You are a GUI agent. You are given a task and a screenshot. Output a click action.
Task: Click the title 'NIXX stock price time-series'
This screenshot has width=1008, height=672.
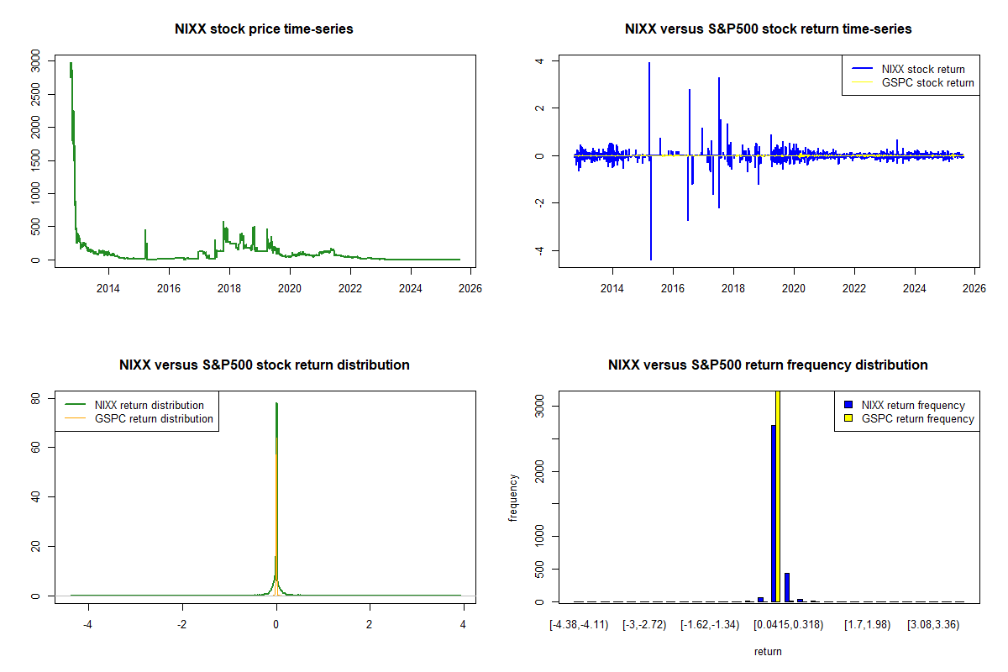click(x=264, y=29)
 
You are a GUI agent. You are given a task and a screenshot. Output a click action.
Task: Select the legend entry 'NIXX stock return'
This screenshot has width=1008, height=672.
click(x=923, y=69)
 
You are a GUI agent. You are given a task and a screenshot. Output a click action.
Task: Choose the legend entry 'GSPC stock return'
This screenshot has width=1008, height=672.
click(x=927, y=83)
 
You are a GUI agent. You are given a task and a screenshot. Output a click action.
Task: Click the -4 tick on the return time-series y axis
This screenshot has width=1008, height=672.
click(x=541, y=250)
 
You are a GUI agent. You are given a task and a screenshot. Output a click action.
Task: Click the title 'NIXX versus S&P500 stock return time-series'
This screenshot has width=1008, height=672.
click(x=768, y=29)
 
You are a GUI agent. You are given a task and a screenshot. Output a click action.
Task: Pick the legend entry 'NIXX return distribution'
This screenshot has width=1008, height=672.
click(x=150, y=405)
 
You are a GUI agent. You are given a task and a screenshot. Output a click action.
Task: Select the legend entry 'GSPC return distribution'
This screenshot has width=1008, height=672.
click(x=154, y=418)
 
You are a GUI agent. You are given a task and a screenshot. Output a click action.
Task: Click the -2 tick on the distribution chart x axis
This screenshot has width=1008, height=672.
click(x=181, y=625)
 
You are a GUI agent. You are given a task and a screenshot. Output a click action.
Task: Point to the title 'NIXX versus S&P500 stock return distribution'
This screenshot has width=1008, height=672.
click(x=264, y=365)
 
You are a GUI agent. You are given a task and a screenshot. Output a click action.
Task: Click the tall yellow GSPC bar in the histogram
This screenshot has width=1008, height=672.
click(x=778, y=496)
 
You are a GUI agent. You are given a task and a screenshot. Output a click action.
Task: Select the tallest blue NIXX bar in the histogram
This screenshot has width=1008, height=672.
click(x=773, y=512)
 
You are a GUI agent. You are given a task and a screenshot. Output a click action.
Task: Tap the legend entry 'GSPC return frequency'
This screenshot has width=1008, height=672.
click(x=918, y=418)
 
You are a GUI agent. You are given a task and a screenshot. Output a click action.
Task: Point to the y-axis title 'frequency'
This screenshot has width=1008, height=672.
click(x=513, y=497)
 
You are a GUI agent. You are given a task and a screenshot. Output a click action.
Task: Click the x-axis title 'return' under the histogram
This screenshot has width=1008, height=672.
click(x=768, y=651)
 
